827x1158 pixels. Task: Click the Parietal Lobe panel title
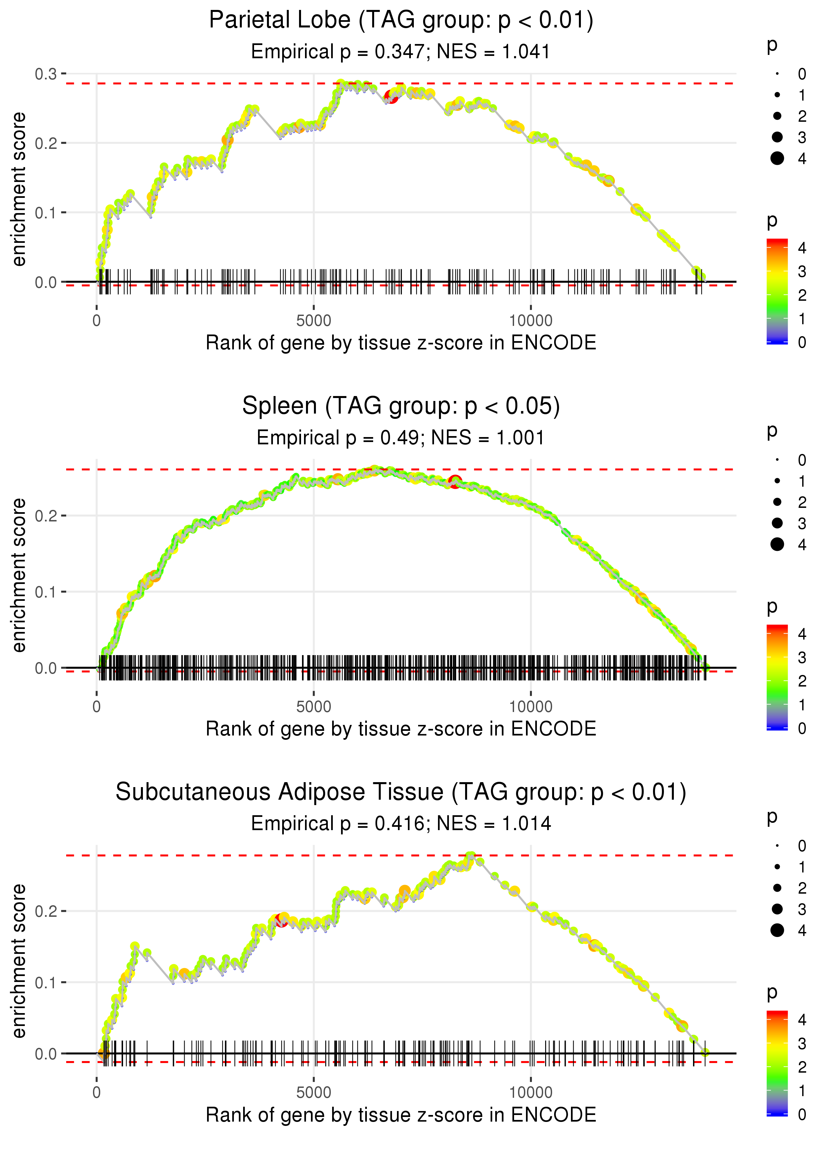tap(401, 21)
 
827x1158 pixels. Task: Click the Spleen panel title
tap(401, 406)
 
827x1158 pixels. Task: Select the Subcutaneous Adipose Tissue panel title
tap(401, 792)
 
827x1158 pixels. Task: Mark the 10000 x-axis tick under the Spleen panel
tap(531, 707)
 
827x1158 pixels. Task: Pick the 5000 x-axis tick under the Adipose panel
tap(314, 1093)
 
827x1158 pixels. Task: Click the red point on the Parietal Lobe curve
tap(391, 96)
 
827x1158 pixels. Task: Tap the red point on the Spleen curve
tap(455, 481)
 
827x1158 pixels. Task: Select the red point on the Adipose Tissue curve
tap(281, 920)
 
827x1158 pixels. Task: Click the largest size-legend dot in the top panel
tap(777, 158)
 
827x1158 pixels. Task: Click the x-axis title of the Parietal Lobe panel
tap(401, 343)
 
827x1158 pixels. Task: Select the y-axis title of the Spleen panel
tap(19, 575)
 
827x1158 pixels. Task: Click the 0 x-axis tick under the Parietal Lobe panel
tap(97, 321)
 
